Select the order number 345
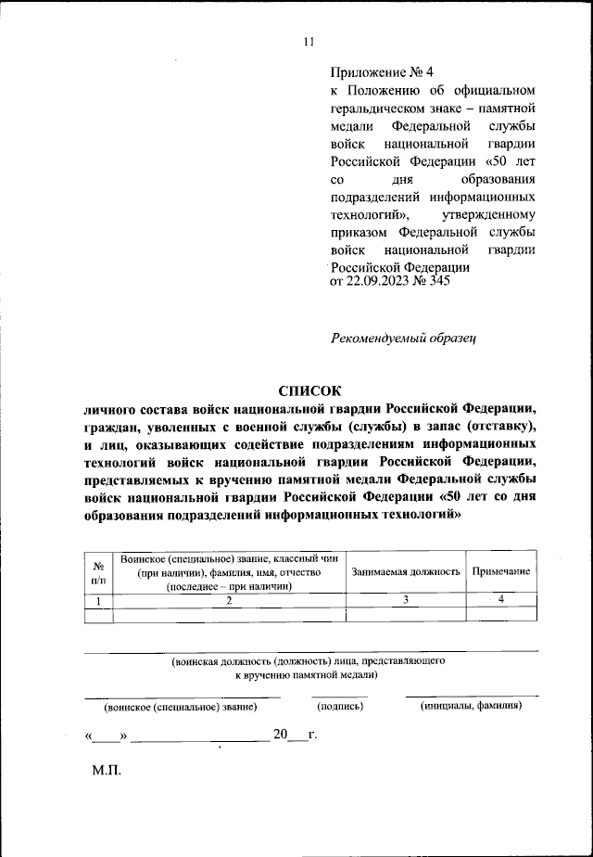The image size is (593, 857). (438, 282)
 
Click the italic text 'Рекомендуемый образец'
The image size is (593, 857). (402, 339)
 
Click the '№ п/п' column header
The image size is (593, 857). (97, 571)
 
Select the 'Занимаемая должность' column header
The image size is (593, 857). (405, 571)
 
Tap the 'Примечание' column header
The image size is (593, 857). (500, 571)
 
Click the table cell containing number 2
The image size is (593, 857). (228, 600)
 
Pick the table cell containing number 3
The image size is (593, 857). (405, 600)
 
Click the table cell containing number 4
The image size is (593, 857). (500, 600)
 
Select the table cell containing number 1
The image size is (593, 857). (97, 600)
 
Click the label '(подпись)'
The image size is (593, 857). (340, 706)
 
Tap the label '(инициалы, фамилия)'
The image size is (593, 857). (471, 706)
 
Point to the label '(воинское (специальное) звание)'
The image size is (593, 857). (181, 707)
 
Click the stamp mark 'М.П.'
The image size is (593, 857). (107, 770)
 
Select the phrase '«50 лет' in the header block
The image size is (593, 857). (513, 160)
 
